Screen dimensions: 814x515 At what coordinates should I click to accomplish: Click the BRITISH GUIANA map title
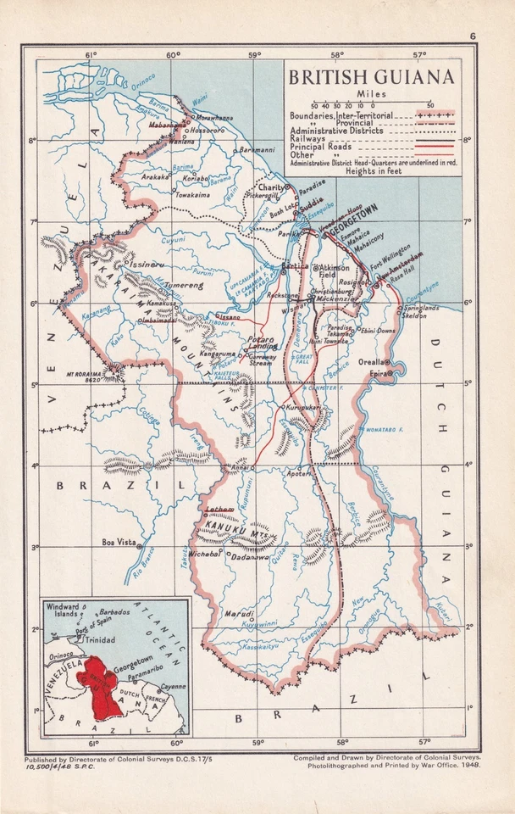[x=372, y=77]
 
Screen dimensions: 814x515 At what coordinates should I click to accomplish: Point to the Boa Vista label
[x=118, y=542]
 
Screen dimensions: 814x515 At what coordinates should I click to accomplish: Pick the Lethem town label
[x=219, y=508]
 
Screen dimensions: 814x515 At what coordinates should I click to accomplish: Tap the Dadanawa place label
[x=251, y=558]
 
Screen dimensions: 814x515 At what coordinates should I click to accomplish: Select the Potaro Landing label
[x=262, y=343]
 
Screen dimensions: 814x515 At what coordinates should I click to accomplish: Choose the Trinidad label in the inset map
[x=101, y=639]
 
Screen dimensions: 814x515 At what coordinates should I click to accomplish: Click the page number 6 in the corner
[x=473, y=35]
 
